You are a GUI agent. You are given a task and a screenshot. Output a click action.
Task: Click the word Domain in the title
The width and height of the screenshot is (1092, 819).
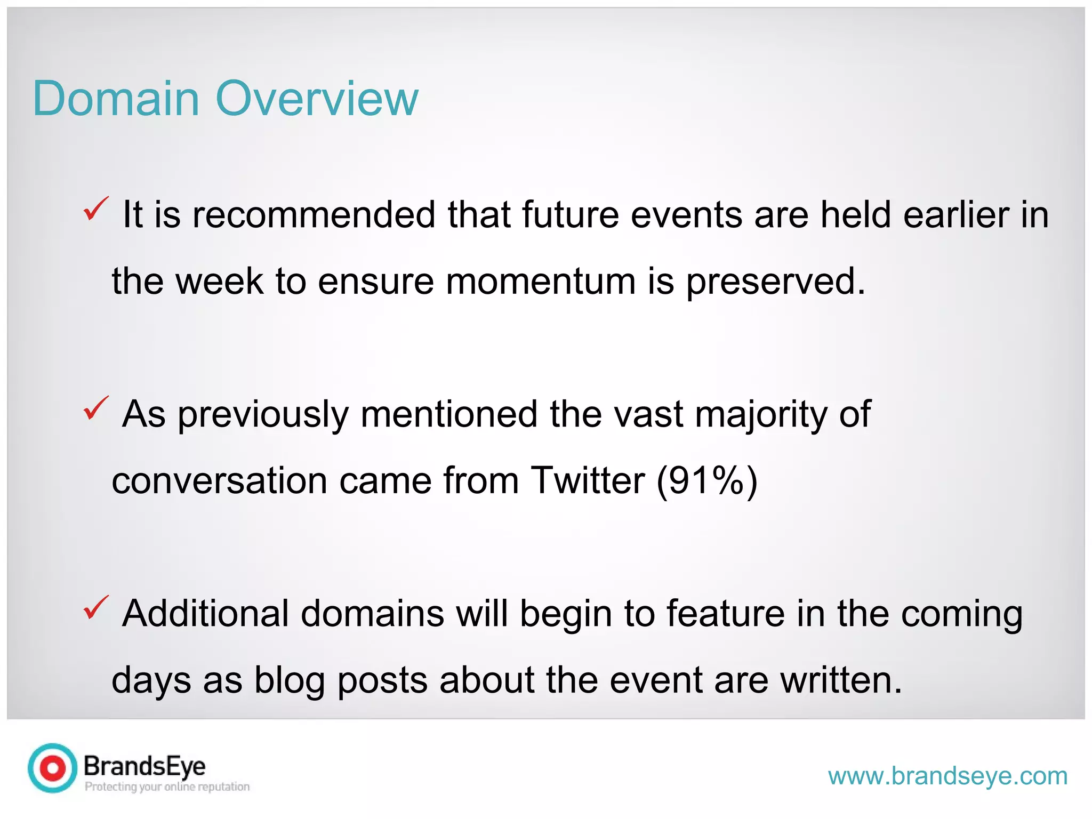116,99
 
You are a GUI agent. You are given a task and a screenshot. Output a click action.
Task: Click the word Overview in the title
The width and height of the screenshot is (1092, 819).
317,99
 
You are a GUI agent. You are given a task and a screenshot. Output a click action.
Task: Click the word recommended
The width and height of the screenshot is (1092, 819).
314,215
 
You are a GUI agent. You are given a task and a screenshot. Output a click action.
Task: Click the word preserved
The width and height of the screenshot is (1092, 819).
775,281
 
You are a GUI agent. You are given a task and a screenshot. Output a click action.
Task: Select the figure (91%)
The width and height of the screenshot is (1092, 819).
707,480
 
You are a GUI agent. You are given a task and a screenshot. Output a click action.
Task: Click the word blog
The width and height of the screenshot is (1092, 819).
290,680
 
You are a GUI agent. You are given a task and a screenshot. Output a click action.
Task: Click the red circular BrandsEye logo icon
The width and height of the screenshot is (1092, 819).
53,768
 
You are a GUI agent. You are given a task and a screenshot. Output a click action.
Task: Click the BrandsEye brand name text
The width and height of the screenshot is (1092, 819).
144,766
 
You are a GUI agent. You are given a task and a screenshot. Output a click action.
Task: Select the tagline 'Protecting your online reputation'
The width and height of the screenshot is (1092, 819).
167,786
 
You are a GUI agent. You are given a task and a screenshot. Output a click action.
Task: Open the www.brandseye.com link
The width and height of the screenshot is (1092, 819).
948,776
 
